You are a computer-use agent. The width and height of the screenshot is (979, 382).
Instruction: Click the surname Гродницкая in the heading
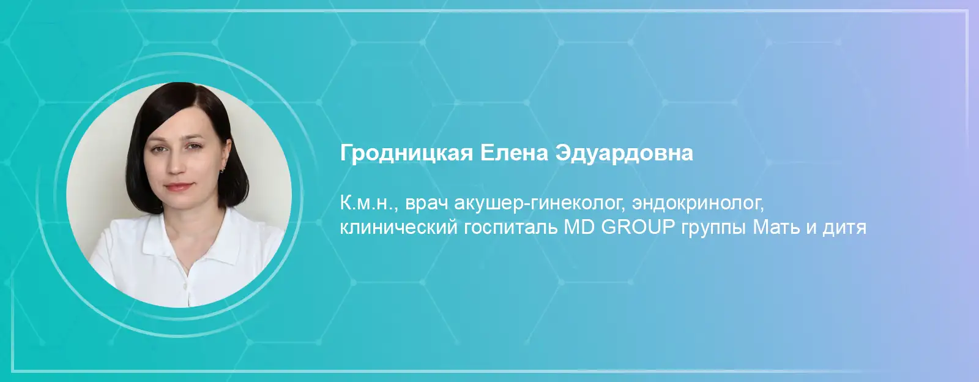406,154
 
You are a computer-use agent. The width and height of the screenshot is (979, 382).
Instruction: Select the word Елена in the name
514,153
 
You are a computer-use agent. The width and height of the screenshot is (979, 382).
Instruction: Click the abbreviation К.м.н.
368,204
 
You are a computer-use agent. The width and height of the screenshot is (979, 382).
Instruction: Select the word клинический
398,228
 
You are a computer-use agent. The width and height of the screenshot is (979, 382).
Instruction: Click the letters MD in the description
579,228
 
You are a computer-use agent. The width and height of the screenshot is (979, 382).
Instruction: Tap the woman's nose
176,164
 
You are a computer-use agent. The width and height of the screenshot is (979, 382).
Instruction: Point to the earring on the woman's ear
223,170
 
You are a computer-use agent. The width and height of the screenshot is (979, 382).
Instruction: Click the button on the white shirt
185,286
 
